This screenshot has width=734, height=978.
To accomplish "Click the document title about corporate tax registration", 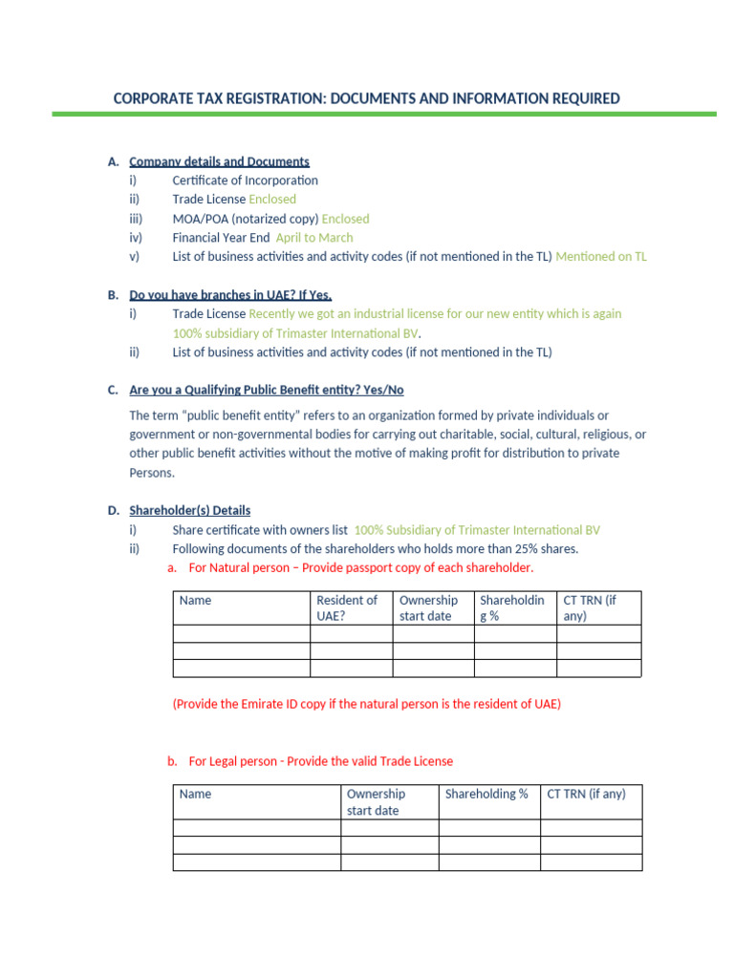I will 366,98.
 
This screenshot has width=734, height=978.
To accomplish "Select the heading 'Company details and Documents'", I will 219,161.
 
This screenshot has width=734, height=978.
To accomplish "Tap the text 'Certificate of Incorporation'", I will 245,181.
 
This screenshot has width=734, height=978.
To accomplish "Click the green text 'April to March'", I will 313,238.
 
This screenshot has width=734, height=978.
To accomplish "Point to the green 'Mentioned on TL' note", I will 600,257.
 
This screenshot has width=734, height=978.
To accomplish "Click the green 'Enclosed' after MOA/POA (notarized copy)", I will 345,219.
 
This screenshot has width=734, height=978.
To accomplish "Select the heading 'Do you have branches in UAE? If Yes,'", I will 230,295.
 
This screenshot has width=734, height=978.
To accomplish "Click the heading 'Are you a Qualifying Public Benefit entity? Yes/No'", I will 272,391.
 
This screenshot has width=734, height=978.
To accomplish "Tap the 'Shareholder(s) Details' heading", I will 189,511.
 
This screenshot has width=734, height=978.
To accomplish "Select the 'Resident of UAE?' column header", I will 346,607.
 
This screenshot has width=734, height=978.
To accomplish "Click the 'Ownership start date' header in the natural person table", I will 428,607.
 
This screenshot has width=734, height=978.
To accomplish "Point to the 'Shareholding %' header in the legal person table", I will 486,794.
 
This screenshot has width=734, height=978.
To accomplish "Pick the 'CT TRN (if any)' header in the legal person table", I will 586,794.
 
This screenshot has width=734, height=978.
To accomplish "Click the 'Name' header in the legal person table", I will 195,794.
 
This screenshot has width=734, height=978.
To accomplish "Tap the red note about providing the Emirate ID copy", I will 366,704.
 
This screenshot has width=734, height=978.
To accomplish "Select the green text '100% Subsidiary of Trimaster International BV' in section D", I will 477,530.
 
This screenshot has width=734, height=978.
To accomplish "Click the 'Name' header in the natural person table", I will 195,601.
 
